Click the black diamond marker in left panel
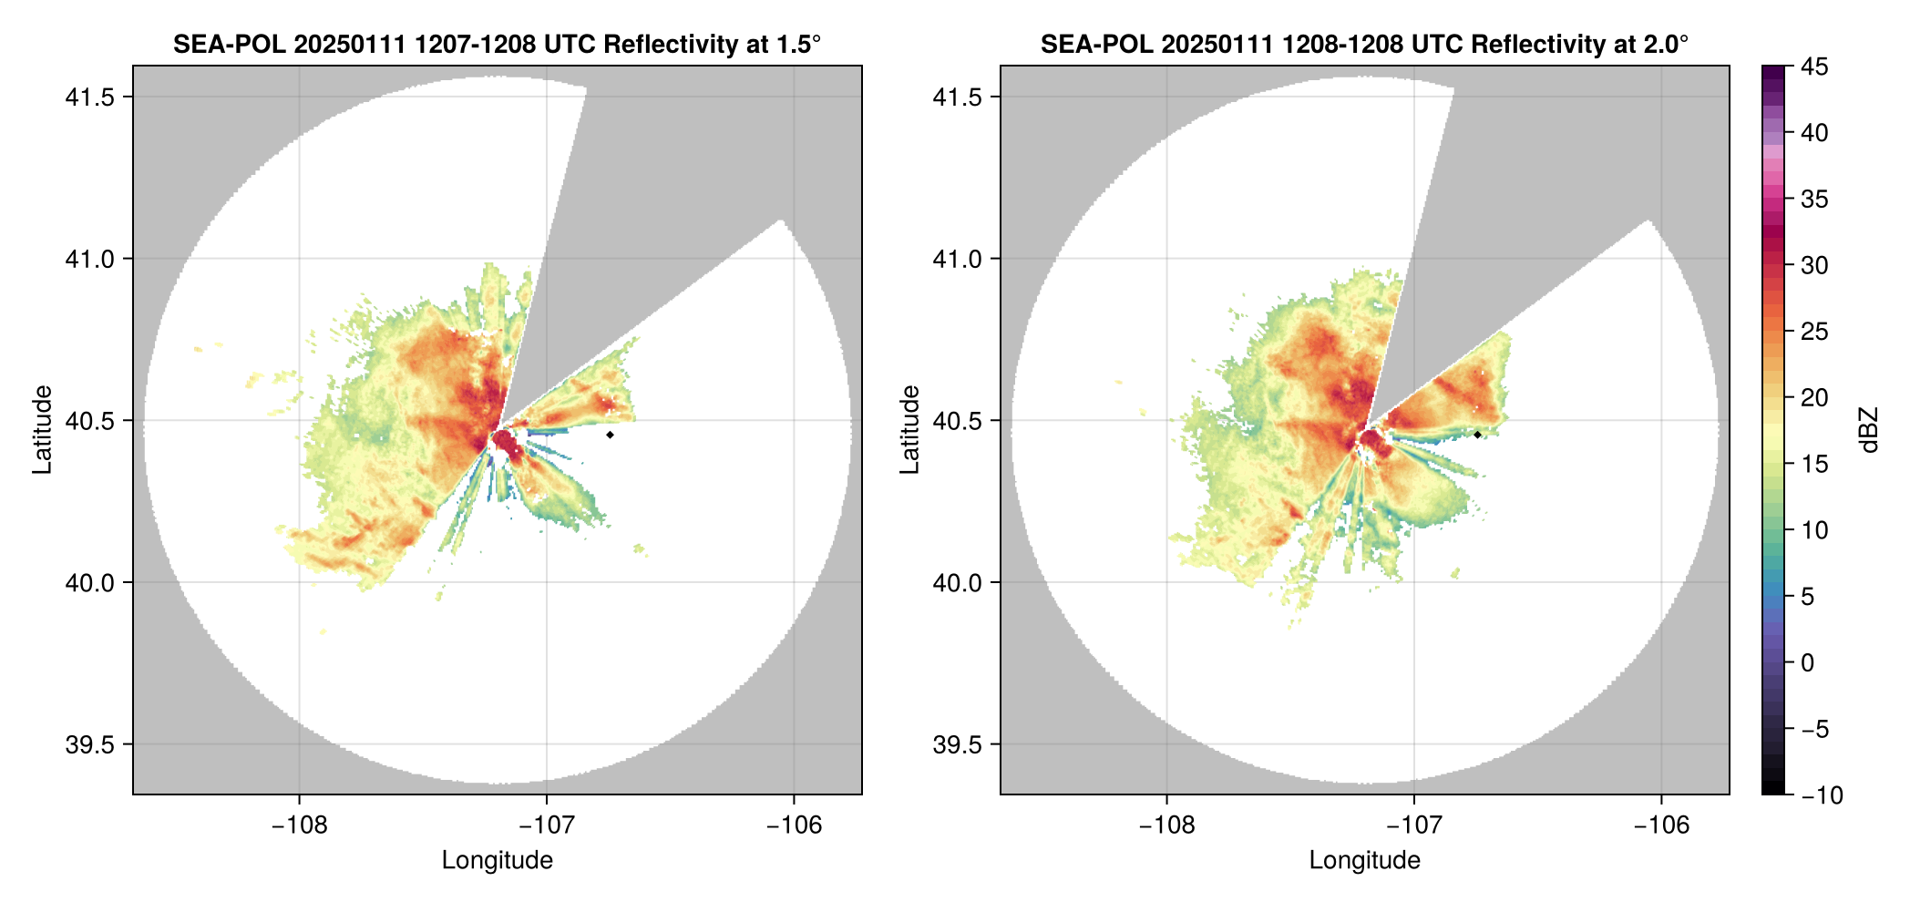point(610,435)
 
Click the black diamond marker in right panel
point(1477,435)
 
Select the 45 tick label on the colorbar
point(1814,67)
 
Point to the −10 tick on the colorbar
point(1822,795)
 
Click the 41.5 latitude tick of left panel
point(89,97)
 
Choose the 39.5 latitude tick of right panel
point(957,744)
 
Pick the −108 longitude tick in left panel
point(299,825)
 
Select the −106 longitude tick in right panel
point(1661,825)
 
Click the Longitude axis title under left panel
point(498,860)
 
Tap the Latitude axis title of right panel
point(909,430)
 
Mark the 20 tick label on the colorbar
point(1814,398)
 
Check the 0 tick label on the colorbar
point(1808,663)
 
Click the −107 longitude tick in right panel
point(1413,825)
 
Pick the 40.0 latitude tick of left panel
point(89,582)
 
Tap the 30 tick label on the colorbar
point(1814,265)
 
